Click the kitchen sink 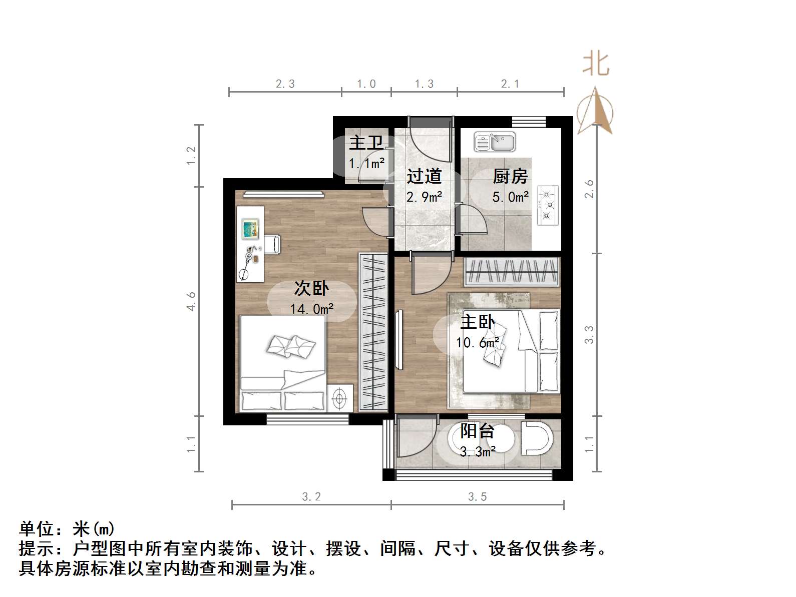[x=495, y=142]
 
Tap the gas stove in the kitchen [x=548, y=205]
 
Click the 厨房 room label [x=510, y=176]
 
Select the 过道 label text [x=424, y=176]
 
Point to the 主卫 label [x=366, y=143]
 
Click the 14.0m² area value [x=311, y=309]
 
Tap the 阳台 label [x=478, y=431]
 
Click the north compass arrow [x=595, y=111]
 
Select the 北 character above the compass [x=596, y=64]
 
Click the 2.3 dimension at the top [x=285, y=84]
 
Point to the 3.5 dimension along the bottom [x=478, y=496]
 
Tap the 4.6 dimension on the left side [x=191, y=301]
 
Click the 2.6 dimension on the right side [x=589, y=189]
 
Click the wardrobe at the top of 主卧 [x=512, y=272]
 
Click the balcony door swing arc [x=418, y=440]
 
